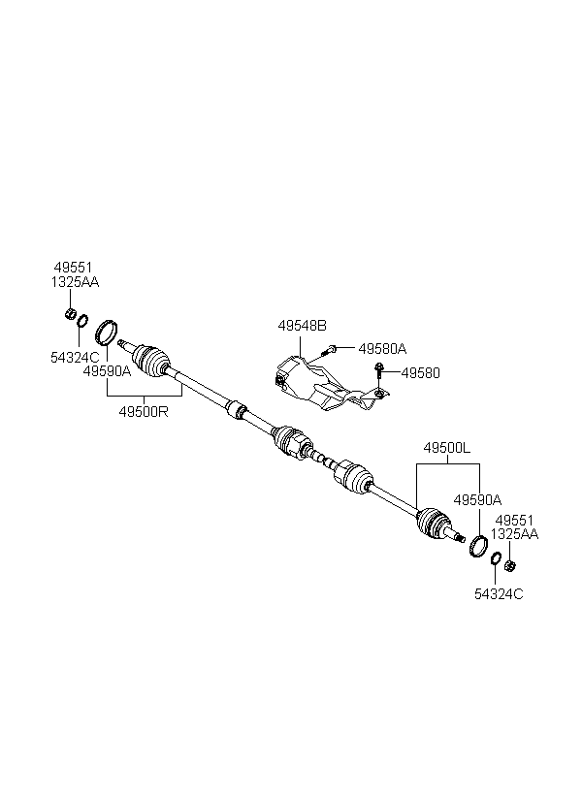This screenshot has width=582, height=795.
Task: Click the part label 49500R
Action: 145,410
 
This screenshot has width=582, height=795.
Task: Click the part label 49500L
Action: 446,449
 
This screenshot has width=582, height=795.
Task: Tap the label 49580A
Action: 382,348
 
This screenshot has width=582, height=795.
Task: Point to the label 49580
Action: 420,371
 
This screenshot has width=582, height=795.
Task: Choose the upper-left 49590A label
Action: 107,370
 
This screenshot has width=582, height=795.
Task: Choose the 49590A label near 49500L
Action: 476,500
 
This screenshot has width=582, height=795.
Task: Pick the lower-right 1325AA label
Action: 514,534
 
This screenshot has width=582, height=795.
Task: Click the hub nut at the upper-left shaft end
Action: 69,313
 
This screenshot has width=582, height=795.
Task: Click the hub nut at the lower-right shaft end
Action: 510,565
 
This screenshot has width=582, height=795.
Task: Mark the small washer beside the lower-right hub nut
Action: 496,558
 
